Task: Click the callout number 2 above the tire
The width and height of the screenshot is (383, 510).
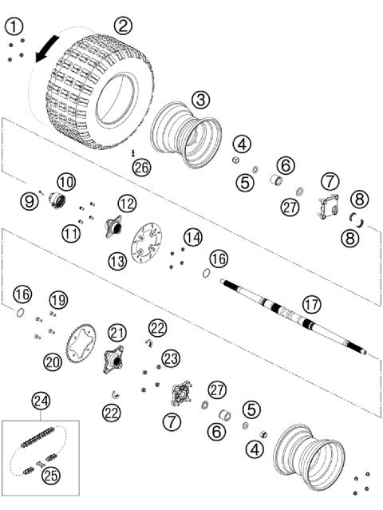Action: pyautogui.click(x=122, y=25)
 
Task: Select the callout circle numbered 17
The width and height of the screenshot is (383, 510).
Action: pyautogui.click(x=310, y=303)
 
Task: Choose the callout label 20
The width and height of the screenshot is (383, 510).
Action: pyautogui.click(x=53, y=362)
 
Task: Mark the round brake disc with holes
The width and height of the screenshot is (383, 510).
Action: pyautogui.click(x=148, y=239)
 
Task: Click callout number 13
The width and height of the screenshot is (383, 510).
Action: pyautogui.click(x=118, y=261)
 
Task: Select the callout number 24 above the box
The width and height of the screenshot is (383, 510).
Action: pyautogui.click(x=41, y=400)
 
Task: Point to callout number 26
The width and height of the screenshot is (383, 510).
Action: pyautogui.click(x=141, y=167)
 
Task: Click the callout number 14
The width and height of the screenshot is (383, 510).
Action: pyautogui.click(x=192, y=237)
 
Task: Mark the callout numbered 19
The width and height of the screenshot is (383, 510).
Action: pyautogui.click(x=57, y=300)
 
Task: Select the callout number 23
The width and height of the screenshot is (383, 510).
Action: pyautogui.click(x=171, y=358)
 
